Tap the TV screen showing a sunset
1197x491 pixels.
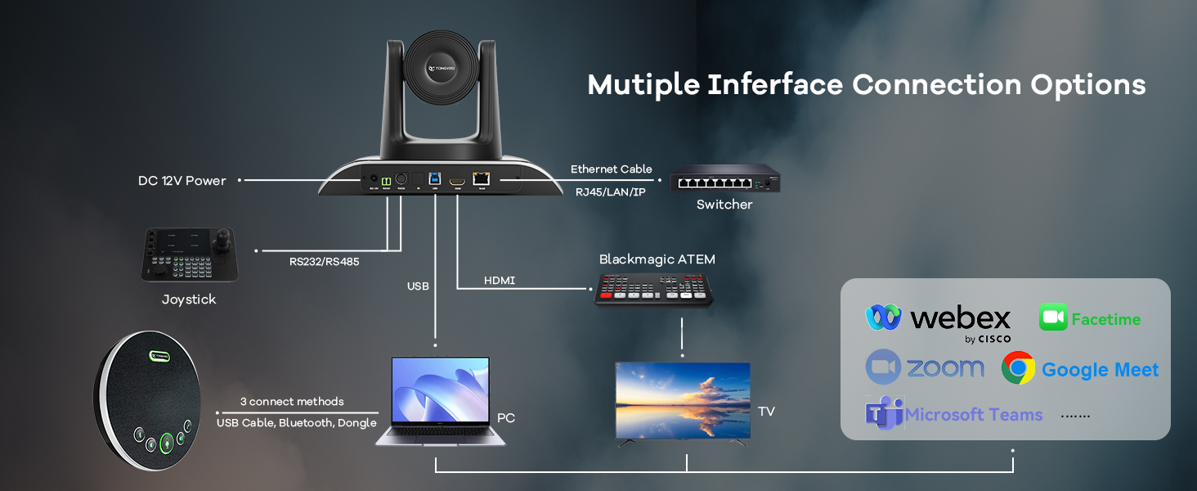[x=683, y=399]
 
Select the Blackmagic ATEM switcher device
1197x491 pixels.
[x=653, y=290]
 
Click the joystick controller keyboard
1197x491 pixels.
[x=189, y=255]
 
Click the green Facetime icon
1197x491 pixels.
[x=1053, y=318]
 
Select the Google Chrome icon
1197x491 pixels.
[x=1018, y=368]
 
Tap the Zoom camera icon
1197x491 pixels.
[x=883, y=367]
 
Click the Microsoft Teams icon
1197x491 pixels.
[x=883, y=413]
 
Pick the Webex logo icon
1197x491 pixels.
[x=883, y=318]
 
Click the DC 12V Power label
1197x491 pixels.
[x=182, y=180]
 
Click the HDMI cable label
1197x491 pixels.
[x=500, y=281]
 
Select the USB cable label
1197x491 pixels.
[x=418, y=286]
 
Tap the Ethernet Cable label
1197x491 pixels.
[x=611, y=169]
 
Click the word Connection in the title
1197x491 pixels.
[x=937, y=85]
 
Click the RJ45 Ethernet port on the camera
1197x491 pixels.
[x=482, y=178]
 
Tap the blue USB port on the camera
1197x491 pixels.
[x=435, y=178]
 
